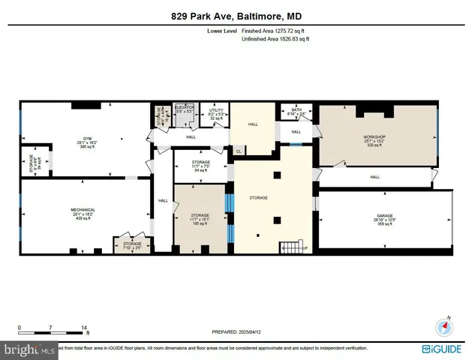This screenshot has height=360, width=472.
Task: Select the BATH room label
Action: pyautogui.click(x=297, y=112)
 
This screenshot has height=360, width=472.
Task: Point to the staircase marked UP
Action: pyautogui.click(x=290, y=247)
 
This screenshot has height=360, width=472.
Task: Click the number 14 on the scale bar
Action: pyautogui.click(x=85, y=328)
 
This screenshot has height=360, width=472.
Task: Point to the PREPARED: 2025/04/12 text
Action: pyautogui.click(x=236, y=332)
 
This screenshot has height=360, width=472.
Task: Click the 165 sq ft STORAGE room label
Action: pyautogui.click(x=200, y=219)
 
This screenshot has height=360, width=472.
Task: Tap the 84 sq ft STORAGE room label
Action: pyautogui.click(x=200, y=166)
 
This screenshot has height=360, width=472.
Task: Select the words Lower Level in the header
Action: pyautogui.click(x=222, y=31)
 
